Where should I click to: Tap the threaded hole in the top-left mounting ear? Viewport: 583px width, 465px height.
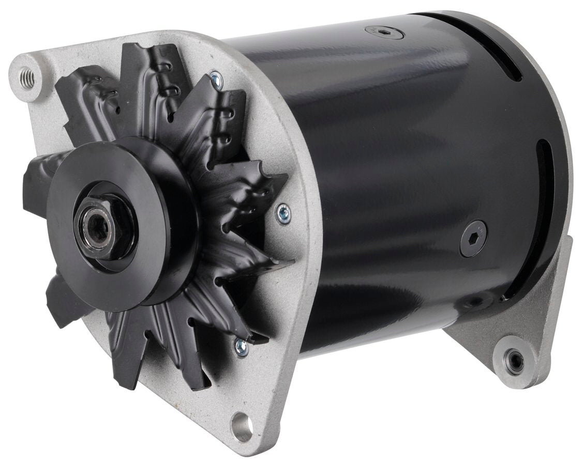(x=27, y=78)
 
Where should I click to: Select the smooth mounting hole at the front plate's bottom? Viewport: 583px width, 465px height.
(x=242, y=427)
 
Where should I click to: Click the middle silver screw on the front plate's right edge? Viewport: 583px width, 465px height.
(x=283, y=213)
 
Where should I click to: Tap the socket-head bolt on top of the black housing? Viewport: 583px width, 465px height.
(x=384, y=33)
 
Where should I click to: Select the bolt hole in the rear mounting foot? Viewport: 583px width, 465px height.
(x=514, y=362)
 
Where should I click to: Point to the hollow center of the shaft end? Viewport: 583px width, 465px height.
(x=98, y=227)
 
